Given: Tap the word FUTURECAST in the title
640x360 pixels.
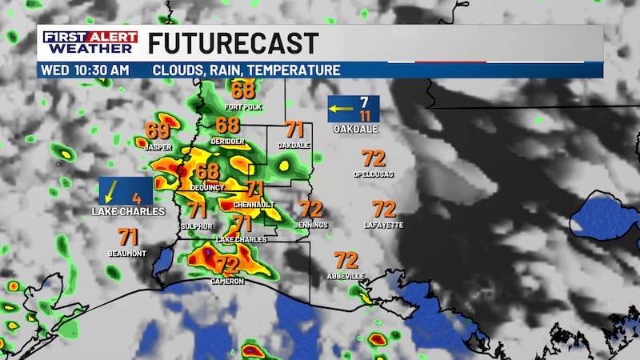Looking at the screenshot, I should [233, 43].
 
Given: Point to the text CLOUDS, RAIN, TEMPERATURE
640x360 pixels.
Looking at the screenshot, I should [246, 70].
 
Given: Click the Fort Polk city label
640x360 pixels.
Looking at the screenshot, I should [243, 106].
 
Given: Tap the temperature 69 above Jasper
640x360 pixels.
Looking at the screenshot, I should [158, 130].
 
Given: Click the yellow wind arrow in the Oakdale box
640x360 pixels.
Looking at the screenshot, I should [345, 106].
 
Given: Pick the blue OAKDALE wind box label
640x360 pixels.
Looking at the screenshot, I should [355, 129].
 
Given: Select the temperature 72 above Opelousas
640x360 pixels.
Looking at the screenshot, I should [374, 158].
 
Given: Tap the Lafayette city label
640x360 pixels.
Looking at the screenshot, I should [384, 226].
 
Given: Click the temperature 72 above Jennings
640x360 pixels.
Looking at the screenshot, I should [310, 210].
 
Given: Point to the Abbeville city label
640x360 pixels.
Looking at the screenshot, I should [346, 276].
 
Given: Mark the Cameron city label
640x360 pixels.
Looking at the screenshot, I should [228, 282].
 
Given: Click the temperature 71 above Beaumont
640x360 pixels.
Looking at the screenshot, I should [128, 237].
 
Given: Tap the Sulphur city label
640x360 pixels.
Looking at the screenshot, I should [197, 226].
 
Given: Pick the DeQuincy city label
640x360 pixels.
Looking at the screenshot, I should [207, 187].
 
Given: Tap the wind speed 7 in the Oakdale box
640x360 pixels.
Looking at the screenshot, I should [364, 102].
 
